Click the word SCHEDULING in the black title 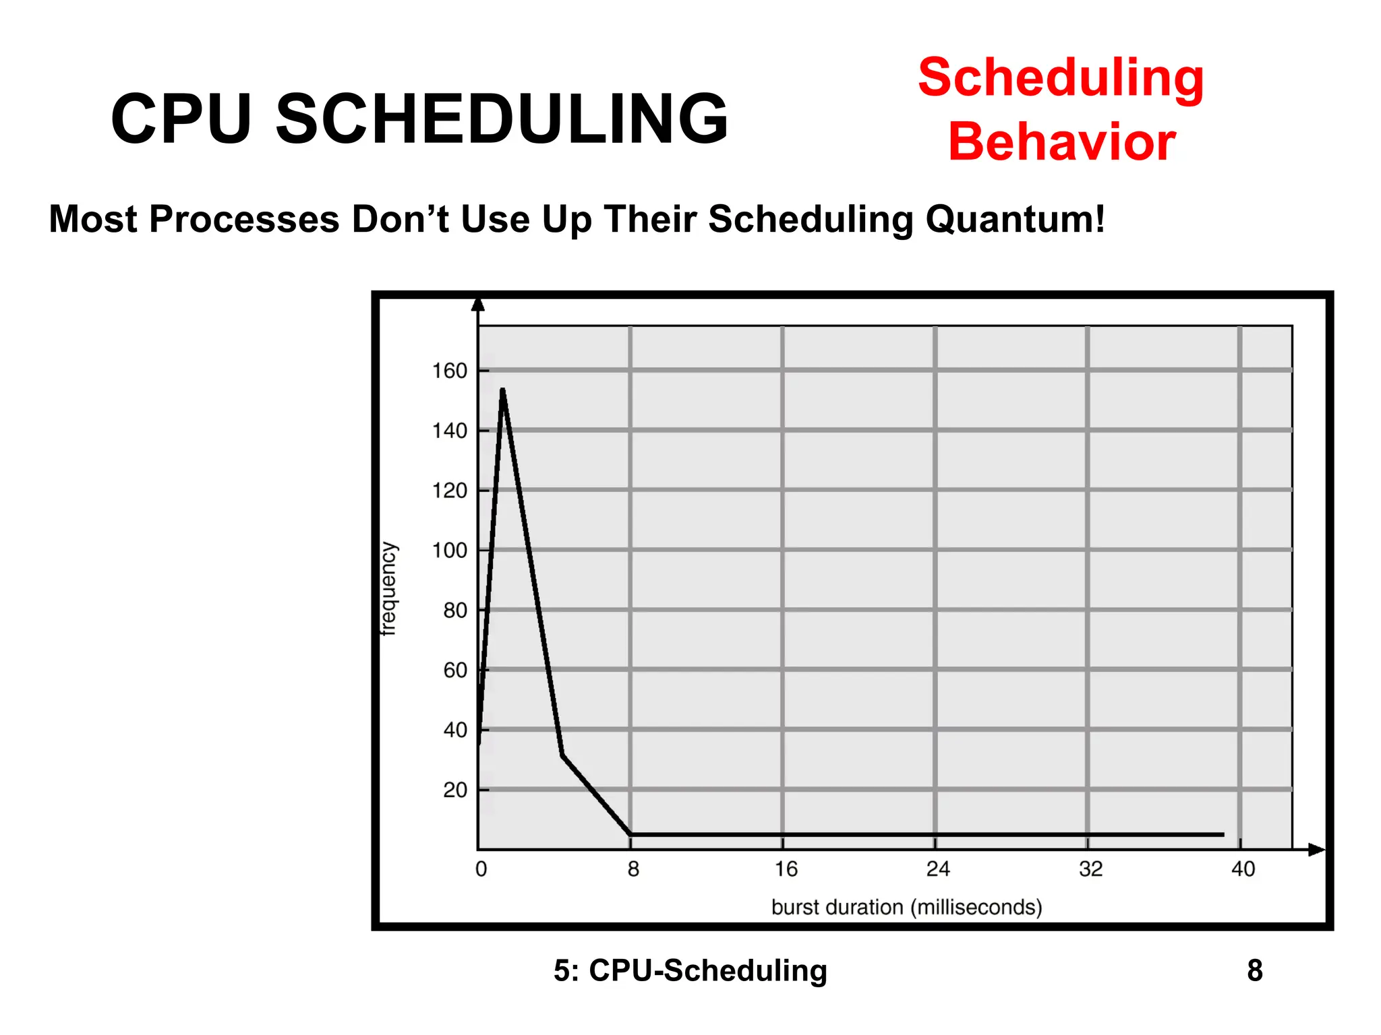(502, 119)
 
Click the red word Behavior (1061, 142)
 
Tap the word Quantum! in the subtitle (1016, 219)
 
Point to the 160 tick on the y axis (450, 371)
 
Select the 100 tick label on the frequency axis (450, 551)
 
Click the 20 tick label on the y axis (455, 790)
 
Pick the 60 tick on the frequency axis (455, 670)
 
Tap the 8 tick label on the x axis (633, 869)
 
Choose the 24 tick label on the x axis (937, 869)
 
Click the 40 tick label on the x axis (1243, 869)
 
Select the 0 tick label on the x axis (481, 869)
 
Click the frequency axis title (389, 589)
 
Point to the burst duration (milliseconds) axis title (906, 907)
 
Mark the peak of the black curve (503, 390)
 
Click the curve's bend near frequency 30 (562, 755)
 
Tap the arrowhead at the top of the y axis (478, 304)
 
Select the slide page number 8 (1254, 970)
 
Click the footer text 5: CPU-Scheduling (690, 970)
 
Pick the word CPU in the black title (181, 119)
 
